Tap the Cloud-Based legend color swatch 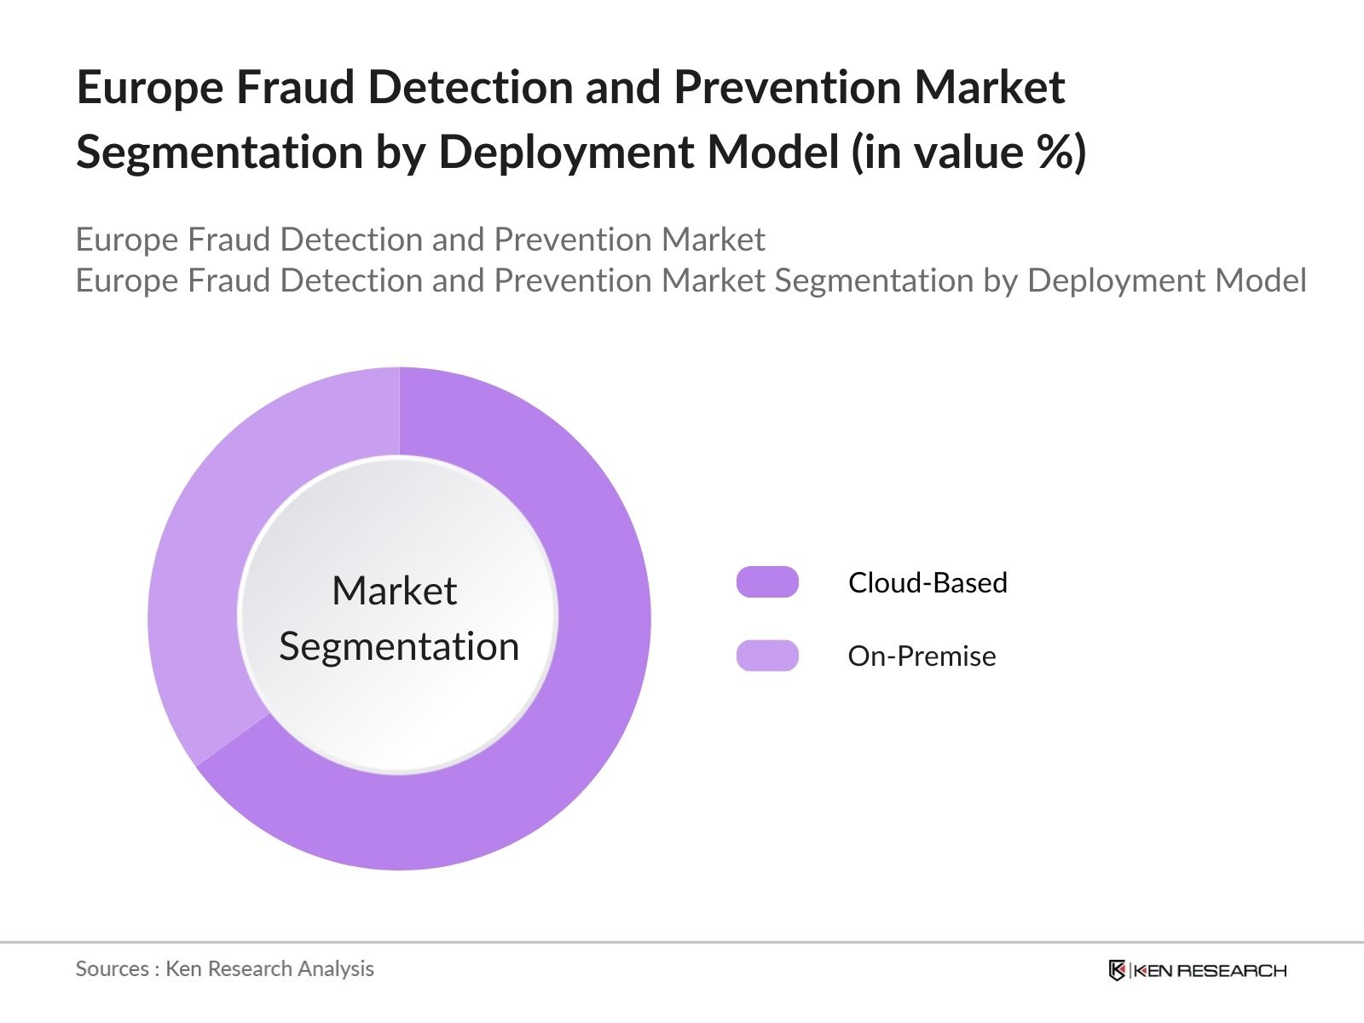tap(767, 582)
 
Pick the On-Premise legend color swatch tap(767, 656)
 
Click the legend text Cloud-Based tap(928, 582)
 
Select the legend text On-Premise tap(922, 656)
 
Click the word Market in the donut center tap(394, 591)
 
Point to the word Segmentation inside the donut tap(399, 646)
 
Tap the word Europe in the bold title tap(149, 87)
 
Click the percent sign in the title tap(1055, 152)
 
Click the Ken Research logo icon tap(1117, 970)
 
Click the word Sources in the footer tap(113, 968)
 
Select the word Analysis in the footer tap(340, 968)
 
